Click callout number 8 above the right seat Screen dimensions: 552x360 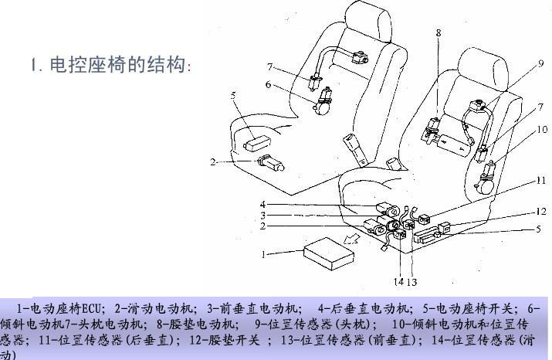(x=439, y=33)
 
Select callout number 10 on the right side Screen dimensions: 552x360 (x=543, y=129)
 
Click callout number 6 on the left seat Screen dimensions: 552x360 (x=268, y=84)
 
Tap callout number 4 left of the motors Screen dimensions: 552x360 (x=262, y=204)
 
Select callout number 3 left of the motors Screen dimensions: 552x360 (x=262, y=215)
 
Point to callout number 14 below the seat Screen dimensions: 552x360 (x=399, y=280)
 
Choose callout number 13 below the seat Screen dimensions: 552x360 (x=414, y=280)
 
